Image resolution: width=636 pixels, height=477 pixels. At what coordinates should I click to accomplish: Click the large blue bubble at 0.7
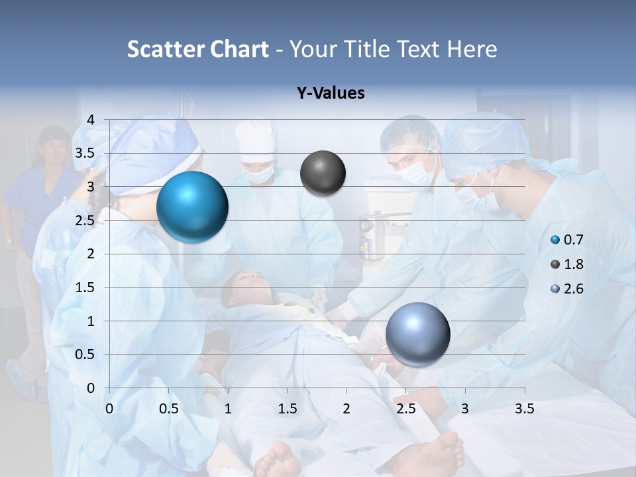[192, 207]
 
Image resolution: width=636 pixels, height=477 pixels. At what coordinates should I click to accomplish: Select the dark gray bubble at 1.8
[323, 173]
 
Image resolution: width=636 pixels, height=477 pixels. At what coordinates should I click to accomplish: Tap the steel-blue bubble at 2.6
[417, 333]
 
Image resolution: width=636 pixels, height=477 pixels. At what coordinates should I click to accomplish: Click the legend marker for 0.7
[555, 240]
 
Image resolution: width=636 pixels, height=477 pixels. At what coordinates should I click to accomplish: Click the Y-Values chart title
[331, 93]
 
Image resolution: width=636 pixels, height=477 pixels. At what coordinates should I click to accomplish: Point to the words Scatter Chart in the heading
[197, 49]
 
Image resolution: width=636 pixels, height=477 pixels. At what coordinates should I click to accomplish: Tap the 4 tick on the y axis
[91, 120]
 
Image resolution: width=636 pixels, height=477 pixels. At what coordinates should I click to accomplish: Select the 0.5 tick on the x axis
[168, 409]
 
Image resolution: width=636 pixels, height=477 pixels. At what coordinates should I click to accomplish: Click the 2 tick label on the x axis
[346, 409]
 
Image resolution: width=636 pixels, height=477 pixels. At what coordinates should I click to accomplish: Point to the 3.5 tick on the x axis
[524, 409]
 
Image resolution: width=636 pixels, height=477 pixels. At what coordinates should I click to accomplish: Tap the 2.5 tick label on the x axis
[405, 409]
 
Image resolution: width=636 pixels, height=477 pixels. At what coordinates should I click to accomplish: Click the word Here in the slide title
[472, 49]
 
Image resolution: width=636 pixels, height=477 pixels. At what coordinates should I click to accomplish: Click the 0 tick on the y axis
[91, 388]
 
